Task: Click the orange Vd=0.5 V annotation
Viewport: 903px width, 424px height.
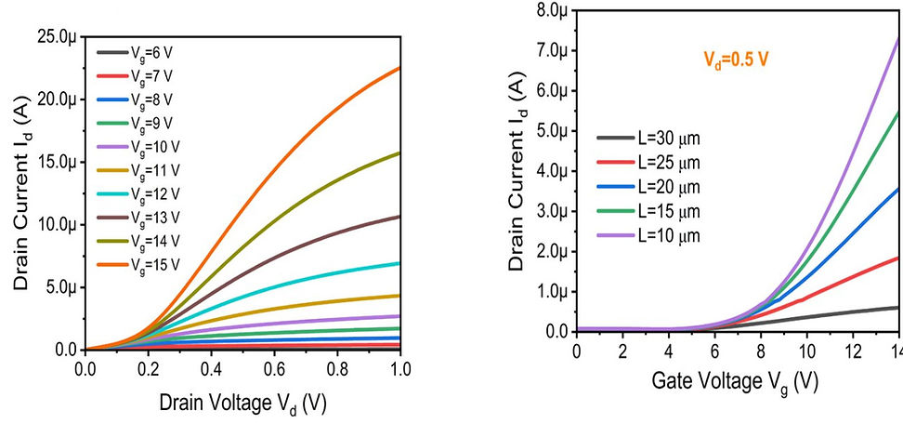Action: click(735, 60)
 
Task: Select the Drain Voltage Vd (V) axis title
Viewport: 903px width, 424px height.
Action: click(243, 404)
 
